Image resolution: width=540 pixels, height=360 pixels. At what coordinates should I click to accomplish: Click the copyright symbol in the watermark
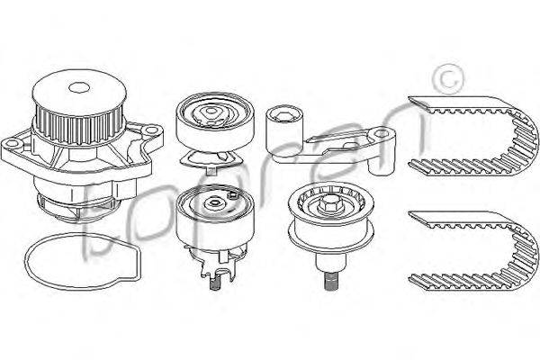(449, 79)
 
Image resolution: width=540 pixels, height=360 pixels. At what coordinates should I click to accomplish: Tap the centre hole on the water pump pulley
(79, 87)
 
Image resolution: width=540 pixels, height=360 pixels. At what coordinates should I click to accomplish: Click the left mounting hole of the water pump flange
(12, 143)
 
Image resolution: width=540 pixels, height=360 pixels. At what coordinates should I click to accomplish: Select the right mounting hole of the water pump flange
(150, 130)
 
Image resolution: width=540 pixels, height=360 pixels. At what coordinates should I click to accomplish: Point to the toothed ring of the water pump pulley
(79, 125)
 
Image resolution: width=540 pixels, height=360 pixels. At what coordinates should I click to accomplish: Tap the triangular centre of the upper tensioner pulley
(210, 112)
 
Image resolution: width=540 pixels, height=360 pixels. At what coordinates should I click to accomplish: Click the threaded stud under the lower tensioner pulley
(214, 283)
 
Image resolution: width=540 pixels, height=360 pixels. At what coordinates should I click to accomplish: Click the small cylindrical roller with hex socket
(284, 129)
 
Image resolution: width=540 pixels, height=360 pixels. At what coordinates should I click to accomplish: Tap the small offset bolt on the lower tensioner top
(233, 195)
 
